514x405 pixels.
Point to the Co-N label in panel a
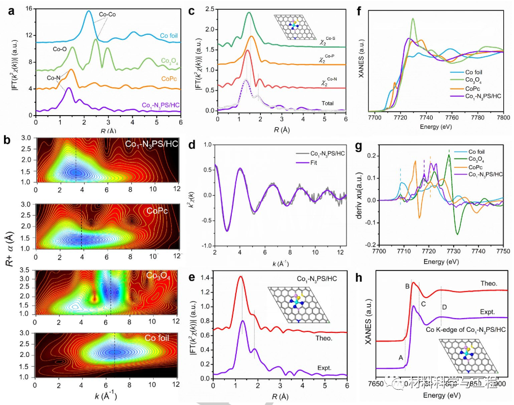(55, 78)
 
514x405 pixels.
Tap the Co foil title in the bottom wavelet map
(159, 338)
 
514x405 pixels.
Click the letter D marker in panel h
(445, 306)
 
